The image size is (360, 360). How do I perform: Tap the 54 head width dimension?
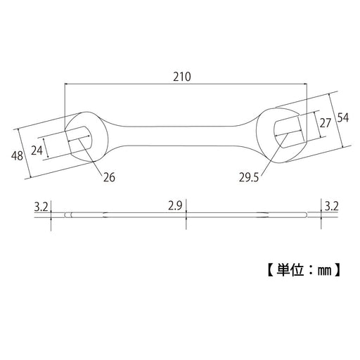(x=343, y=117)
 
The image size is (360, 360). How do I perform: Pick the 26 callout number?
(x=109, y=177)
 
